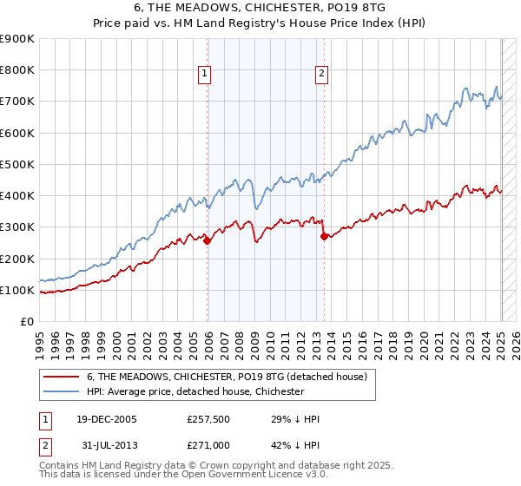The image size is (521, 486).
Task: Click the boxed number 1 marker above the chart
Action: pyautogui.click(x=205, y=74)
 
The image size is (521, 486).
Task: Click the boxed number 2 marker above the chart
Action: pyautogui.click(x=321, y=74)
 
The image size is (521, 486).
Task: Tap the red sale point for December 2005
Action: pyautogui.click(x=207, y=241)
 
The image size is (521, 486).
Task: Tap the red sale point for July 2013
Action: pyautogui.click(x=324, y=236)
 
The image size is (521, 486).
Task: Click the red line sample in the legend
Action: pyautogui.click(x=62, y=377)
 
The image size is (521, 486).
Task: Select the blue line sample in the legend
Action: pyautogui.click(x=62, y=391)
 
